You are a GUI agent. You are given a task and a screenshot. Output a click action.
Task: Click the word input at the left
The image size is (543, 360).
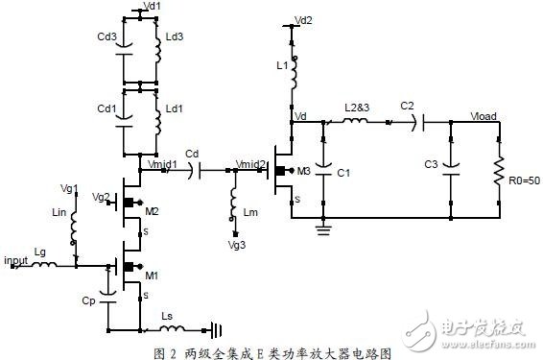coord(17,259)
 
